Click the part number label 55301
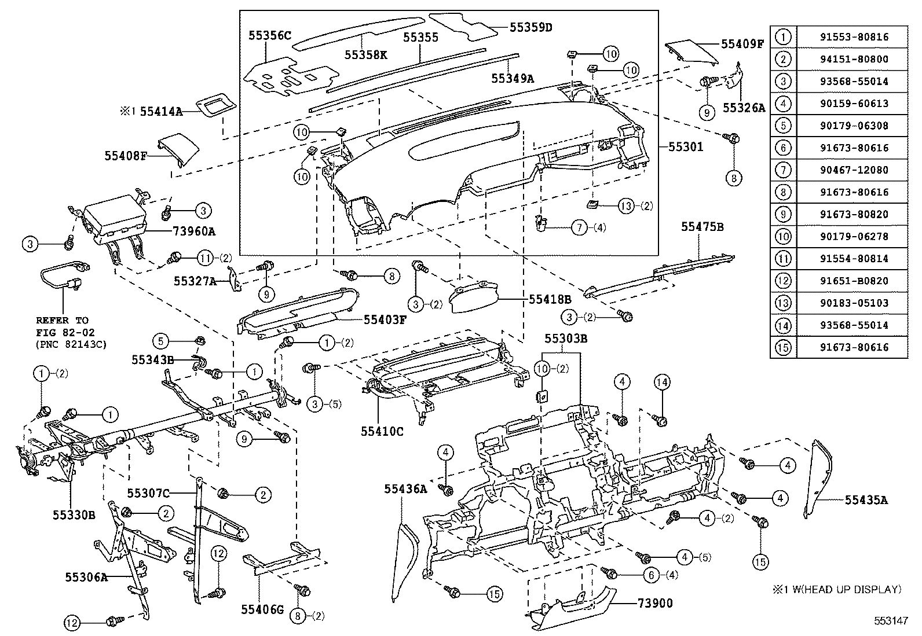pyautogui.click(x=686, y=147)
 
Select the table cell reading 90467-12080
pyautogui.click(x=854, y=170)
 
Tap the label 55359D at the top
pyautogui.click(x=530, y=27)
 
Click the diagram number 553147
pyautogui.click(x=891, y=620)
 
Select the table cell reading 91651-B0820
pyautogui.click(x=854, y=281)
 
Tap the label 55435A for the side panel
pyautogui.click(x=866, y=500)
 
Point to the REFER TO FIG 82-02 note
pyautogui.click(x=63, y=333)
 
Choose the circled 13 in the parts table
pyautogui.click(x=783, y=303)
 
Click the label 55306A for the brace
pyautogui.click(x=87, y=576)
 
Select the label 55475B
pyautogui.click(x=702, y=227)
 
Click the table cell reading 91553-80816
pyautogui.click(x=854, y=37)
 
